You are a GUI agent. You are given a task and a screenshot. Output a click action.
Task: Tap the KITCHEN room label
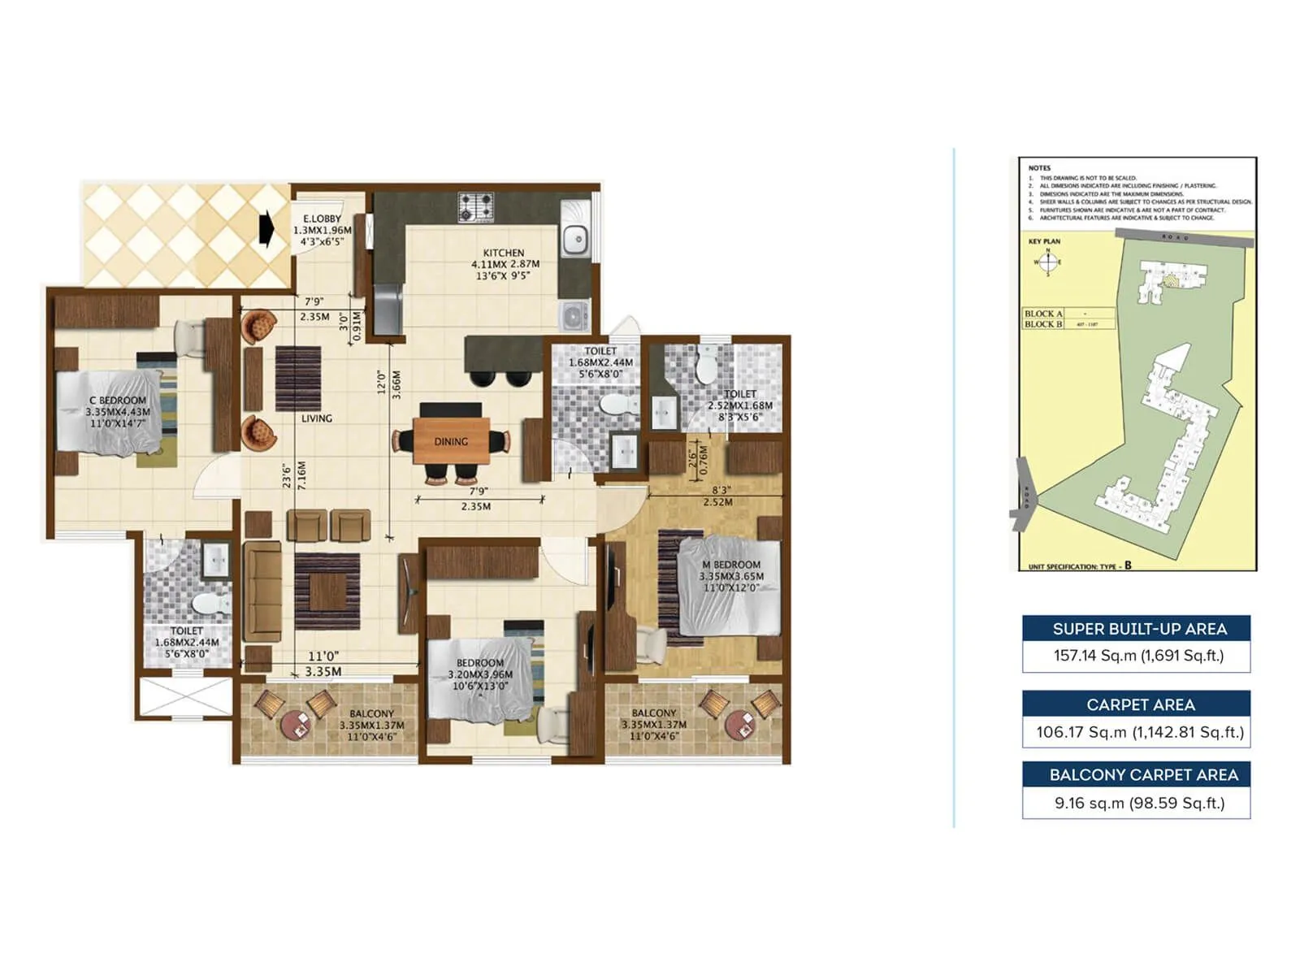[504, 253]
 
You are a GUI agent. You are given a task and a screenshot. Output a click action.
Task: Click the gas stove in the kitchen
[475, 206]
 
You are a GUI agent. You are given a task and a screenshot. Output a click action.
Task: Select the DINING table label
[451, 441]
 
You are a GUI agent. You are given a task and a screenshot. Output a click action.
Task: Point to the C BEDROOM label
[118, 400]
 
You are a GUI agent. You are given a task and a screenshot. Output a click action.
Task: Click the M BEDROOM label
[731, 565]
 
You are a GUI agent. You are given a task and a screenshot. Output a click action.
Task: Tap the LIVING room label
[316, 418]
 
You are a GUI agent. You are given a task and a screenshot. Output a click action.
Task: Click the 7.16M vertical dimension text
[301, 476]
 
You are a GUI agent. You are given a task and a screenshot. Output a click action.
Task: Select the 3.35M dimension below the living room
[323, 672]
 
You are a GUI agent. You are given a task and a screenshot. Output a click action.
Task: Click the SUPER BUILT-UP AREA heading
[1139, 629]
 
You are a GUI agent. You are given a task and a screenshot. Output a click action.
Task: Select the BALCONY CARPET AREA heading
[1143, 775]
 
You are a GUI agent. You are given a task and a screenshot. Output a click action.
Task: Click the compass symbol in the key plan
[1047, 262]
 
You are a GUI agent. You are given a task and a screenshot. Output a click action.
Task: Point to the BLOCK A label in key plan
[1043, 314]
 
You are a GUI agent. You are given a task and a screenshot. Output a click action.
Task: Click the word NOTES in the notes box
[1039, 168]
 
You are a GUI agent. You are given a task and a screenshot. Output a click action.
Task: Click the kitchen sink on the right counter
[574, 239]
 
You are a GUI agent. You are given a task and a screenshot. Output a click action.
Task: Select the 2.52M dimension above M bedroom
[717, 502]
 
